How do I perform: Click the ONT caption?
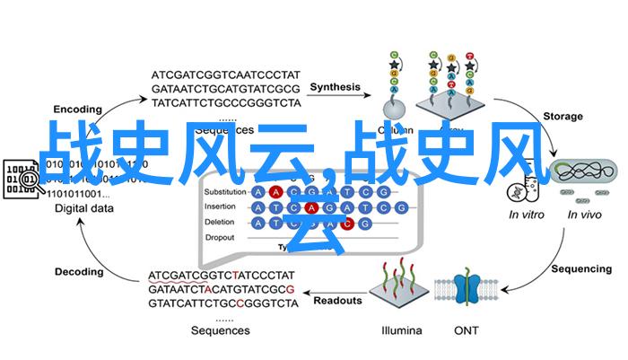point(467,329)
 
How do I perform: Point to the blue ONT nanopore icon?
point(467,292)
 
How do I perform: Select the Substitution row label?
point(225,191)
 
